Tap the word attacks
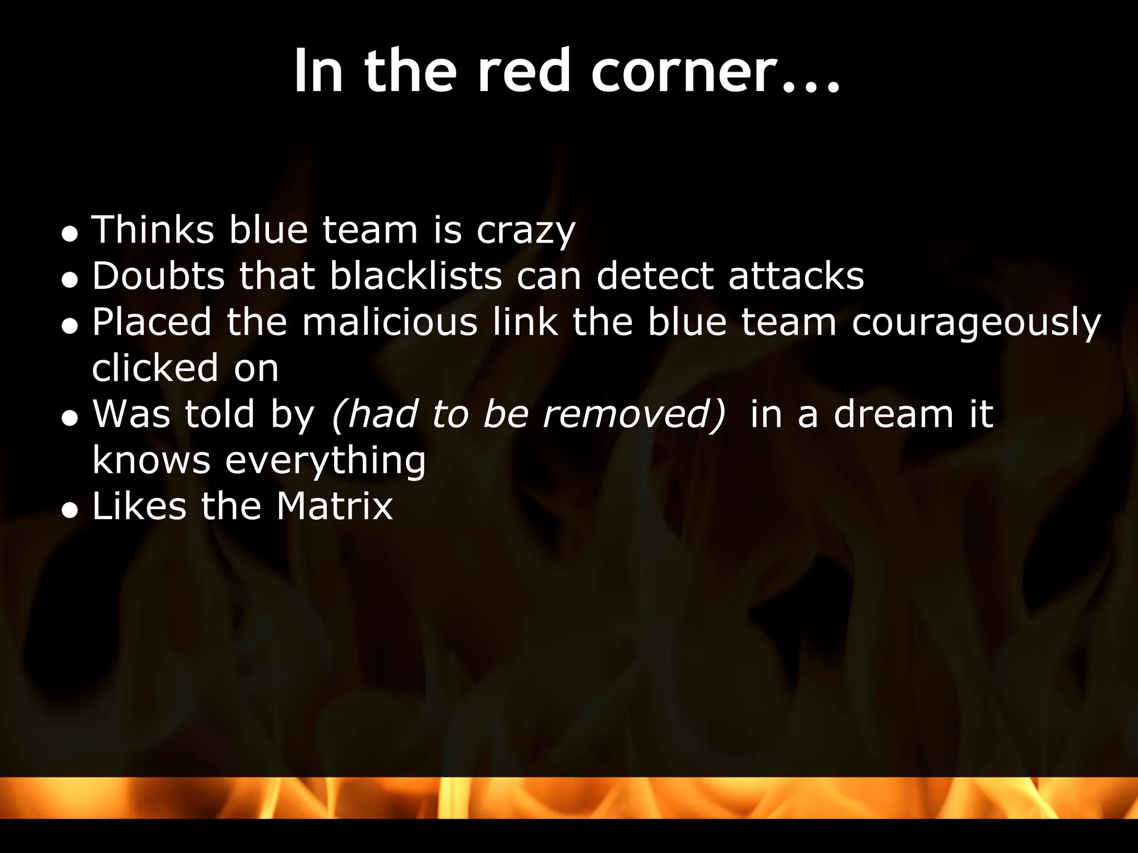(796, 277)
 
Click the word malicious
(390, 322)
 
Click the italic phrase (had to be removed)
(528, 414)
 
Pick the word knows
(151, 460)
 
